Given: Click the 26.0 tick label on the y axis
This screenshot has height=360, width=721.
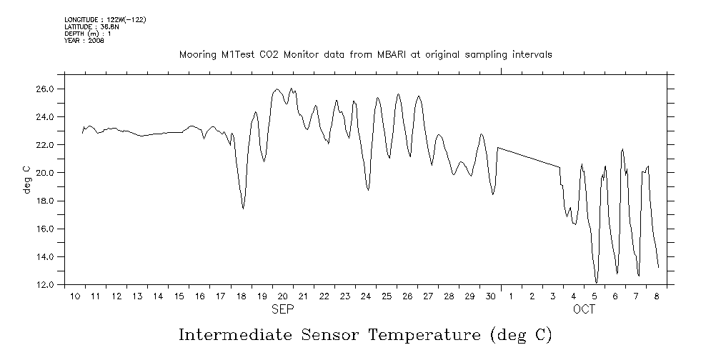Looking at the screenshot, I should click(x=45, y=89).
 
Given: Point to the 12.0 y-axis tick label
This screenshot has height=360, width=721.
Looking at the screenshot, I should click(x=45, y=285).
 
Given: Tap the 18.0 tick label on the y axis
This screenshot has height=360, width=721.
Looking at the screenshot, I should click(x=45, y=201).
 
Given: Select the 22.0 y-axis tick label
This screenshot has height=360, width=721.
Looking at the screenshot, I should click(x=45, y=145).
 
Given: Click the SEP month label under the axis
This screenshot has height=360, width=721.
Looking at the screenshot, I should click(x=282, y=310).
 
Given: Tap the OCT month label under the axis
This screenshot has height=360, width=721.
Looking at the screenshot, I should click(x=584, y=310).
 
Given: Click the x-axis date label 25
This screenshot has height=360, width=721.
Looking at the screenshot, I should click(x=386, y=296).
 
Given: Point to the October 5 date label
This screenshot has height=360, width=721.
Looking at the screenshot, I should click(x=595, y=296).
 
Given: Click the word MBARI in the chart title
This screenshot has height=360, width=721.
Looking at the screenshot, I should click(x=391, y=55).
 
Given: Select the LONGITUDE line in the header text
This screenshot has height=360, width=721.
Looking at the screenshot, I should click(x=105, y=19).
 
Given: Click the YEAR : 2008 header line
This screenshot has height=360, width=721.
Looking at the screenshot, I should click(x=84, y=41).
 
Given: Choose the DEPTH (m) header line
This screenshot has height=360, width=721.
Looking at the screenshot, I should click(x=87, y=34).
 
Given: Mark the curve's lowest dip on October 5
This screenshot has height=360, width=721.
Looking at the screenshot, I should click(x=596, y=283).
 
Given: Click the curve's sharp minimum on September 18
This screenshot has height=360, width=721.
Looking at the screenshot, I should click(x=243, y=209).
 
